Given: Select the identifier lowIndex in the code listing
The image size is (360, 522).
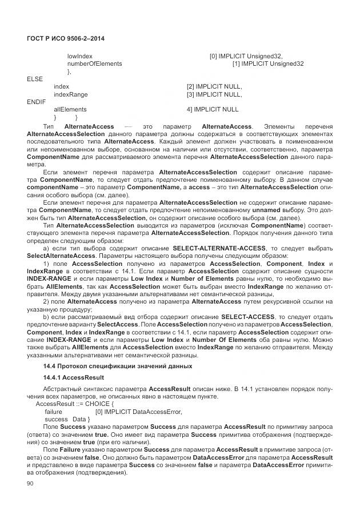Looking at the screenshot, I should pyautogui.click(x=80, y=56).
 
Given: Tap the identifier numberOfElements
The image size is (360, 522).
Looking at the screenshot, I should pyautogui.click(x=94, y=63).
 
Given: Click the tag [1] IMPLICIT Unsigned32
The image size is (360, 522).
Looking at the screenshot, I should pyautogui.click(x=267, y=63).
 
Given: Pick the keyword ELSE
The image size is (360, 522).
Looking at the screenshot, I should pyautogui.click(x=35, y=79).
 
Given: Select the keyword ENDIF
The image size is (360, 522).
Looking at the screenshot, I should pyautogui.click(x=36, y=101).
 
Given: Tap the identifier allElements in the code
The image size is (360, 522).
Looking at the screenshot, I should pyautogui.click(x=70, y=109).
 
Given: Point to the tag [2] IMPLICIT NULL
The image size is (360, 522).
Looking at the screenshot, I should pyautogui.click(x=214, y=86).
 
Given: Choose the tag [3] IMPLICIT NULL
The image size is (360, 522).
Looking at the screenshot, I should pyautogui.click(x=214, y=94).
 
